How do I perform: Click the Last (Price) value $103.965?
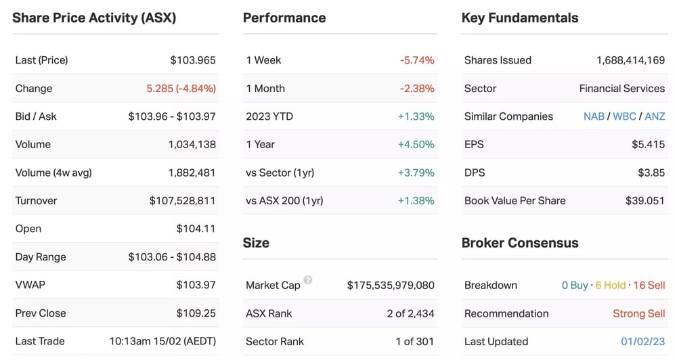pyautogui.click(x=193, y=60)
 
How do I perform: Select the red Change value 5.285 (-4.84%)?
pyautogui.click(x=181, y=89)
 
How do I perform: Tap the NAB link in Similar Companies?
pyautogui.click(x=594, y=116)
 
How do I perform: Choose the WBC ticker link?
pyautogui.click(x=624, y=116)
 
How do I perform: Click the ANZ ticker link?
pyautogui.click(x=655, y=116)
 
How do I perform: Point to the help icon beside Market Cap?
pyautogui.click(x=308, y=279)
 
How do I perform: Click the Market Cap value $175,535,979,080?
pyautogui.click(x=391, y=286)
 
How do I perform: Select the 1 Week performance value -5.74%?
pyautogui.click(x=417, y=60)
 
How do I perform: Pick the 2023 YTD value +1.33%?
pyautogui.click(x=416, y=116)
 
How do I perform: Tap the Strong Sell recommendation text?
pyautogui.click(x=639, y=313)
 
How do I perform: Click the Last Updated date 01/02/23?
pyautogui.click(x=643, y=342)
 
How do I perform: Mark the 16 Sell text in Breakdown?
pyautogui.click(x=649, y=286)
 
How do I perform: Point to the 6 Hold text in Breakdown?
pyautogui.click(x=611, y=286)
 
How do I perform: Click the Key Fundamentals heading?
pyautogui.click(x=520, y=18)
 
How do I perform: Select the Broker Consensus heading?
pyautogui.click(x=520, y=243)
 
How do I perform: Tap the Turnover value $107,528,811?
pyautogui.click(x=182, y=201)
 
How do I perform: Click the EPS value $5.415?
pyautogui.click(x=649, y=145)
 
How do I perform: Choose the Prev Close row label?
pyautogui.click(x=41, y=313)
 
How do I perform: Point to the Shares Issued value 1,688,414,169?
pyautogui.click(x=631, y=60)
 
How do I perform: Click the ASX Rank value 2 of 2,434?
pyautogui.click(x=411, y=314)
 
